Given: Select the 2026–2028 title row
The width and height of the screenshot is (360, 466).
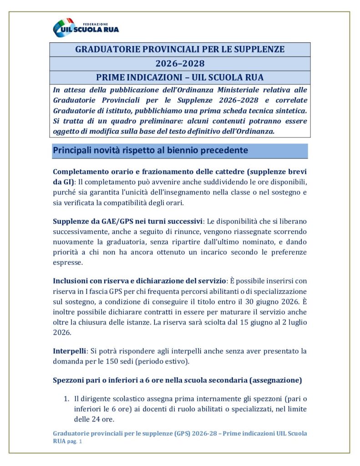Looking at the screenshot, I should tap(180, 63).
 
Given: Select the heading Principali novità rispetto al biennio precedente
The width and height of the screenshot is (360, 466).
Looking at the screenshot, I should tap(150, 150).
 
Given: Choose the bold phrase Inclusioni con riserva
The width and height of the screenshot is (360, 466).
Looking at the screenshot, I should tap(94, 281).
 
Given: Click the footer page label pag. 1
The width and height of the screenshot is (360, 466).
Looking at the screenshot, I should tap(74, 441).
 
